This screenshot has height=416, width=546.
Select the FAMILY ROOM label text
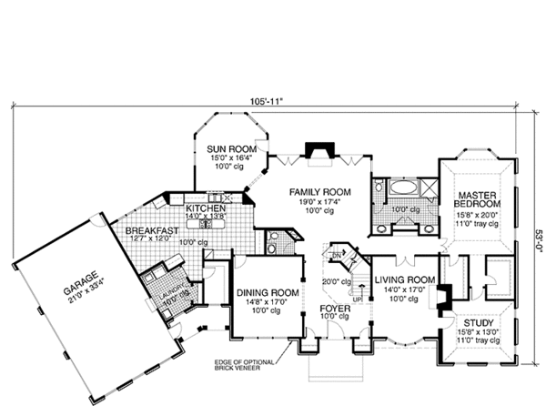pos(314,192)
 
